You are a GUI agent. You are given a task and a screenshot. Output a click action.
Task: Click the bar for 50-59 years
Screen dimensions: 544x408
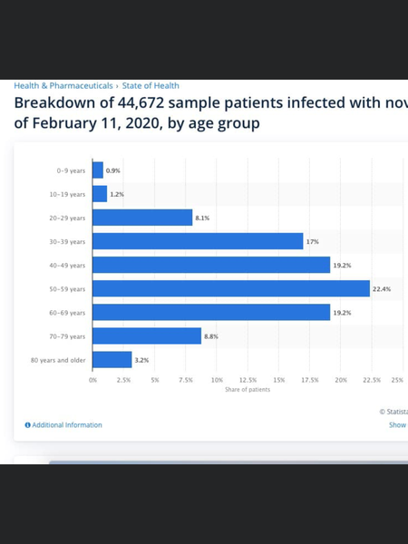(231, 288)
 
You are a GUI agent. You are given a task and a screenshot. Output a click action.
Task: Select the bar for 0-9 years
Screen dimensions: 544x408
(98, 170)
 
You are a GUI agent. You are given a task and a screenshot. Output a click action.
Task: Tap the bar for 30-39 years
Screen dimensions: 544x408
(198, 241)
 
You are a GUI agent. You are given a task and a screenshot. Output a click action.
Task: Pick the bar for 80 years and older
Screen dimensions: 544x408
(112, 359)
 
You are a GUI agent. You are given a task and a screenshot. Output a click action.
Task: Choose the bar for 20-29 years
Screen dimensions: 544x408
(142, 218)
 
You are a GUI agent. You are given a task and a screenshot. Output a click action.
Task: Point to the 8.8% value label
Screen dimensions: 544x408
(212, 335)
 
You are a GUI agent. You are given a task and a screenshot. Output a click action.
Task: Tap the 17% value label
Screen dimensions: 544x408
(313, 241)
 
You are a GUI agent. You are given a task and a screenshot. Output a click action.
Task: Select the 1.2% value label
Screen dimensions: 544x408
(118, 194)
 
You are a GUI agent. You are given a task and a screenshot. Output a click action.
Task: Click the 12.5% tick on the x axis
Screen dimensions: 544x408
(248, 380)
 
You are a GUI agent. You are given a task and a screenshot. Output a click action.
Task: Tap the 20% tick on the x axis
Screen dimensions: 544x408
(341, 380)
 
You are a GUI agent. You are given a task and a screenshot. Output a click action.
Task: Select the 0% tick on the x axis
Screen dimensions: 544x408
(92, 380)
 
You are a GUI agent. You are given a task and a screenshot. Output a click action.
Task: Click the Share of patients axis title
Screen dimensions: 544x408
(248, 390)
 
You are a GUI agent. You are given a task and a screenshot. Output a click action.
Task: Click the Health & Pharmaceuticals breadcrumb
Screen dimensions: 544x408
(63, 85)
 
